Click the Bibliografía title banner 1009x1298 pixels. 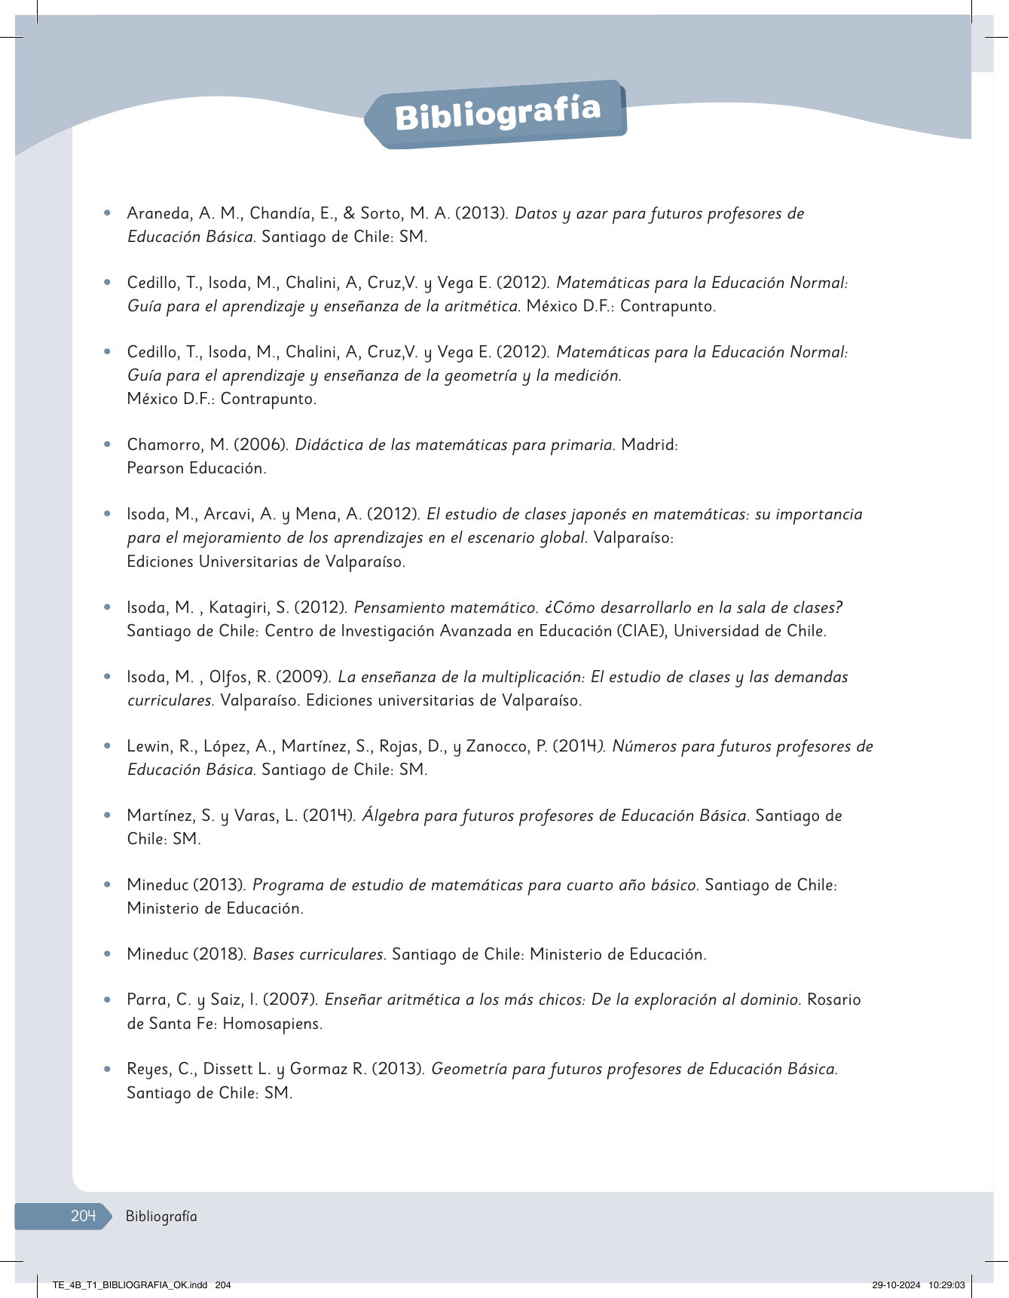[497, 114]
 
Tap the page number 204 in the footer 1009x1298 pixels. [83, 1215]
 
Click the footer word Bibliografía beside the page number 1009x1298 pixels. [161, 1216]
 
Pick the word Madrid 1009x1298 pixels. [649, 445]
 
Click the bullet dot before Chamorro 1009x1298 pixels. [109, 445]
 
